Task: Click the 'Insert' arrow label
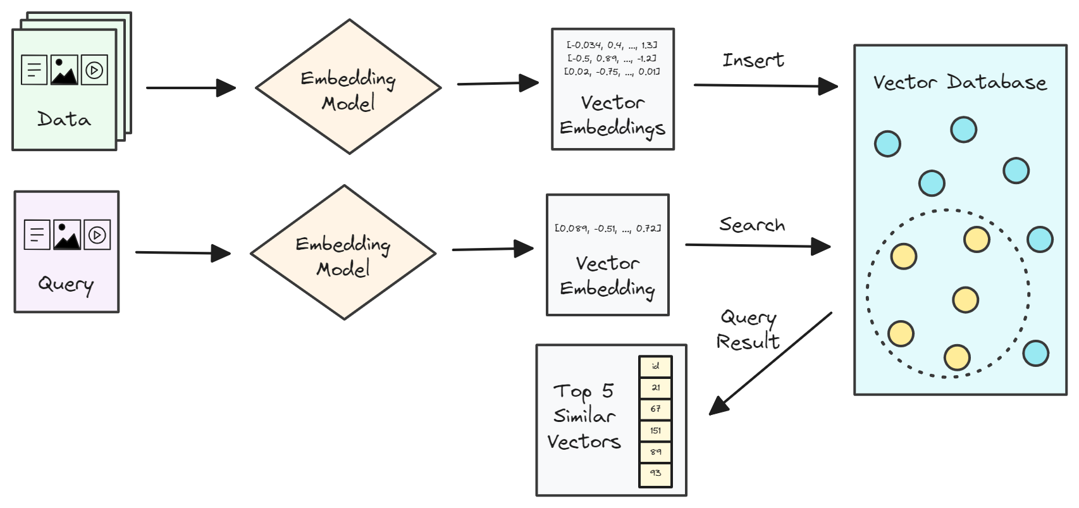[753, 60]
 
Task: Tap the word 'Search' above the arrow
[751, 225]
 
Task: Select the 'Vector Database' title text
[959, 82]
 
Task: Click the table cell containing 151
[655, 431]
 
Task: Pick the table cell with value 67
[655, 409]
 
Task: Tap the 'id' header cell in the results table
[655, 366]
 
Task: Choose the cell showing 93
[655, 473]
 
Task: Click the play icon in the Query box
[97, 235]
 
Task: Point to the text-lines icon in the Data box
[34, 70]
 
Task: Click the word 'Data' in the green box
[64, 119]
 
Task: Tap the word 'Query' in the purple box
[66, 284]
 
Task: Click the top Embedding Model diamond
[348, 87]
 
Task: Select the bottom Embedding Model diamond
[343, 253]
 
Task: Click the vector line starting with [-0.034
[612, 45]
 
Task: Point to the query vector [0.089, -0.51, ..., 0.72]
[607, 228]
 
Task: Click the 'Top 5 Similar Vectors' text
[583, 416]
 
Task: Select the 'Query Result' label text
[748, 329]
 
